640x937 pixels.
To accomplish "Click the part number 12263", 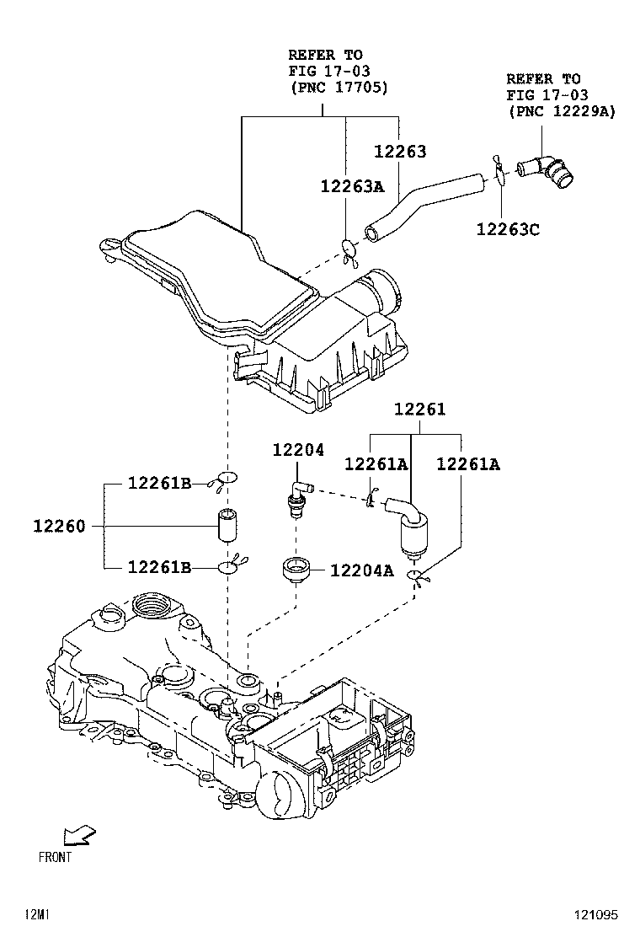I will coord(400,153).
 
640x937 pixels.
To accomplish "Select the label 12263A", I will coord(352,186).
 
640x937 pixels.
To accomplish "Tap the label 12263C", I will coord(507,228).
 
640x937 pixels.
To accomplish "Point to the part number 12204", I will coord(297,451).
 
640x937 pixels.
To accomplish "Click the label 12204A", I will coord(361,570).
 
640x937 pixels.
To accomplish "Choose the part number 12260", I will coord(59,527).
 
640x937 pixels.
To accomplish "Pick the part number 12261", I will coord(420,410).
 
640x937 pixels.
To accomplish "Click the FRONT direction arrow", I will coord(80,834).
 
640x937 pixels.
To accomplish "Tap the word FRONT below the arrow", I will coord(56,857).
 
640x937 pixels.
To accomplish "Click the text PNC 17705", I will coord(339,87).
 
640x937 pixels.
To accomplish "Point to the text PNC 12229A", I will coord(561,111).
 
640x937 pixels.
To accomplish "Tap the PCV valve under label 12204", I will coord(296,499).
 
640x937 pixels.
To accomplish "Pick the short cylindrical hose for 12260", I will coord(227,527).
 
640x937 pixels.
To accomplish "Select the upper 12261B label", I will coord(159,483).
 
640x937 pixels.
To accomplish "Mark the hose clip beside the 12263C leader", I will coord(498,169).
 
